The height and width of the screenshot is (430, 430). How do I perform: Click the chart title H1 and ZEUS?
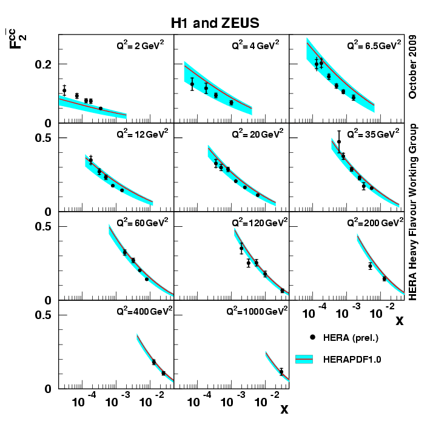tap(215, 24)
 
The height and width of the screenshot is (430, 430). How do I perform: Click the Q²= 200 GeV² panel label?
tap(374, 221)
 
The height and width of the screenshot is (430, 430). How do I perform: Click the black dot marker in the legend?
tap(312, 337)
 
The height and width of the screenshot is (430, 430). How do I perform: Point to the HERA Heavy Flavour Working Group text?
tap(414, 212)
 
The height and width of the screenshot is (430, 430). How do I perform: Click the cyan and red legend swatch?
tap(312, 359)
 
